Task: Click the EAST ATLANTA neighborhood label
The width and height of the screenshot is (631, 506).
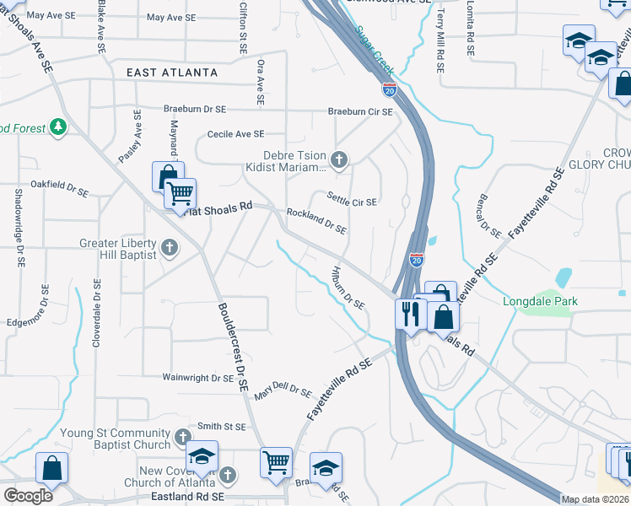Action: pos(172,73)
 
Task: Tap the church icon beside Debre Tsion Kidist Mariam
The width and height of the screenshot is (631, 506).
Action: pos(339,159)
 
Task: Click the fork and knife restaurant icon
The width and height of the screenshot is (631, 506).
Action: pos(408,315)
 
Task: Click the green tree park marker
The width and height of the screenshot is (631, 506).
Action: pos(58,127)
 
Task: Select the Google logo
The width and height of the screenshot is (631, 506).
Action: pos(28,495)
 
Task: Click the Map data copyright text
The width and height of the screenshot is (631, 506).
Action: pos(596,499)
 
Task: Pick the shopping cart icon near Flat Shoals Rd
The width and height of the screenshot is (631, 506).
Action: pos(180,194)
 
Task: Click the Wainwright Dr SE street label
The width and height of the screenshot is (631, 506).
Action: pos(198,379)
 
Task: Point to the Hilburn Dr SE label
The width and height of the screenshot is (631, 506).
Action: pos(347,292)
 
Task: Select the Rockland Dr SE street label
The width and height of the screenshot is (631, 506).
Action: pos(316,222)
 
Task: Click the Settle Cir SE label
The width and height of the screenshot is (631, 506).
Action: pos(353,202)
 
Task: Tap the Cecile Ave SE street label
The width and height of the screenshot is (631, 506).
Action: pos(235,134)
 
